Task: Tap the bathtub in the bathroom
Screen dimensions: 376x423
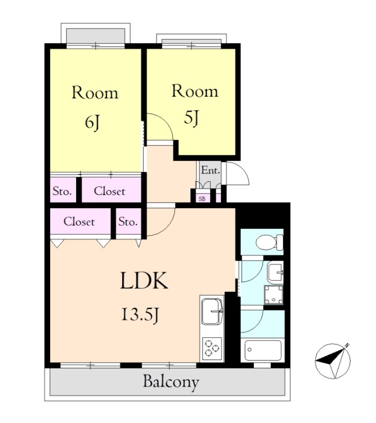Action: tap(263, 350)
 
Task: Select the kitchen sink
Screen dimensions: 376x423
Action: tap(212, 311)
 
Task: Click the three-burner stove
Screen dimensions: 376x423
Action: tap(212, 348)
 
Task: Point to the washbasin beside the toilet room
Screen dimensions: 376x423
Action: tap(275, 273)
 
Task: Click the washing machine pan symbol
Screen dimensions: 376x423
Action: tap(273, 295)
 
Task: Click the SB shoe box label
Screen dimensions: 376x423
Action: tap(202, 199)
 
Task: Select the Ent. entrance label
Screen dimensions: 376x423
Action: tap(210, 170)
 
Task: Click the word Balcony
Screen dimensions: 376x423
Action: tap(171, 382)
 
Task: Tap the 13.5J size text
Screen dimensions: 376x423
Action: tap(140, 315)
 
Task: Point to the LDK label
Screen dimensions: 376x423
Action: tap(144, 281)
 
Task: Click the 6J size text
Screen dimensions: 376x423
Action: tap(93, 123)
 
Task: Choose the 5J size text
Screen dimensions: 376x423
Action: tap(191, 118)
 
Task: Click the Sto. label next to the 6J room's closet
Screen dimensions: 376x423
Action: tap(62, 191)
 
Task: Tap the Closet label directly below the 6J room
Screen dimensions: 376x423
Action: tap(109, 191)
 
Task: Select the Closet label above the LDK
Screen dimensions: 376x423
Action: tap(79, 222)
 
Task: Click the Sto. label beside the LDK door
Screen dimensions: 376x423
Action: tap(128, 222)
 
